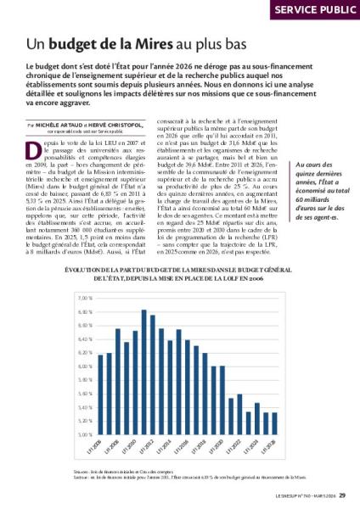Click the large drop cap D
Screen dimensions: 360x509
(32, 146)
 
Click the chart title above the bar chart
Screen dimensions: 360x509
(180, 273)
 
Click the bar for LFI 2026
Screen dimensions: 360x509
(275, 422)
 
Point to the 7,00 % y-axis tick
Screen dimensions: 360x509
(84, 299)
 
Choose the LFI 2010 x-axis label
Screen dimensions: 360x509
(129, 445)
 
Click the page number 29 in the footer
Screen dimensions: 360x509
(343, 497)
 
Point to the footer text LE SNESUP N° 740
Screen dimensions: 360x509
(294, 497)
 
